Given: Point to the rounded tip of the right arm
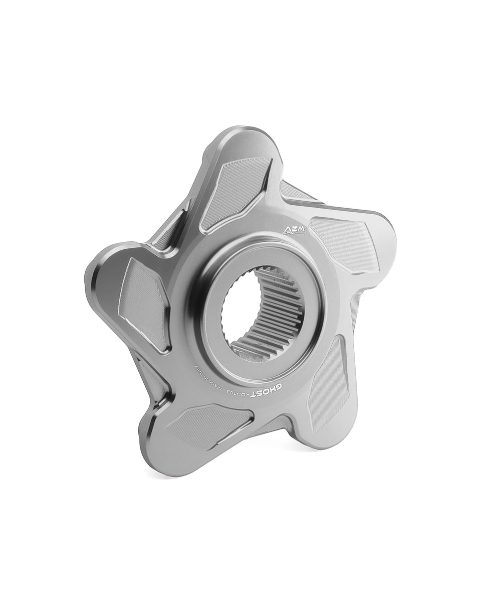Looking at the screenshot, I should (x=388, y=236).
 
